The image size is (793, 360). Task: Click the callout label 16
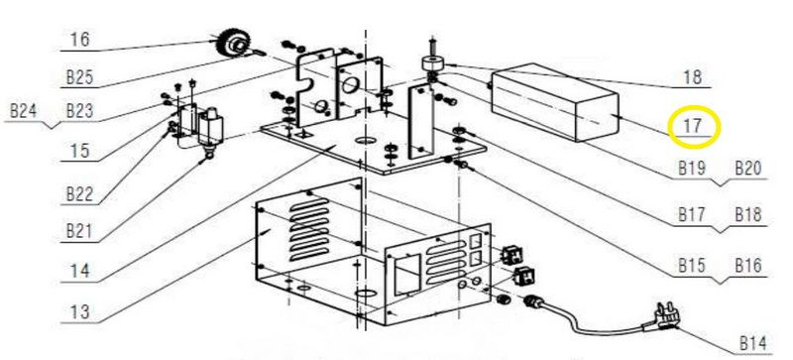point(80,39)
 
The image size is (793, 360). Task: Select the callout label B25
point(80,77)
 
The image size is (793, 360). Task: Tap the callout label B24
point(24,110)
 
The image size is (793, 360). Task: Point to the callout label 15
point(80,150)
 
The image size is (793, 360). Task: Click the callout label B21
point(80,230)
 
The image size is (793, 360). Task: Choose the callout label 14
point(80,271)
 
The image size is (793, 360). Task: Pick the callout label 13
point(80,310)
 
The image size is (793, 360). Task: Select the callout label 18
point(692,77)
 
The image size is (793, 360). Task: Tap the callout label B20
point(748,168)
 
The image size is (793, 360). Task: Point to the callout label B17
point(692,214)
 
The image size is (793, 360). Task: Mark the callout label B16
point(748,265)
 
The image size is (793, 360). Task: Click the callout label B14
point(753,343)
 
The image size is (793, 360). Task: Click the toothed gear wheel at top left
point(233,43)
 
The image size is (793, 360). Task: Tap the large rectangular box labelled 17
point(555,102)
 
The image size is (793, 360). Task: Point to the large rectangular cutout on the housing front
point(407,274)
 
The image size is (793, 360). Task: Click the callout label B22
point(80,194)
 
